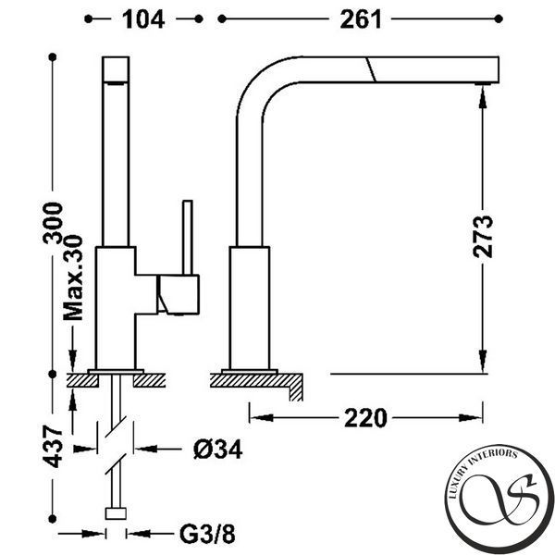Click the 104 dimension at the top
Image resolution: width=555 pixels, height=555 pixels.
click(x=143, y=19)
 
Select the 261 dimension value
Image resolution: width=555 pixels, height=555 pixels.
click(x=361, y=19)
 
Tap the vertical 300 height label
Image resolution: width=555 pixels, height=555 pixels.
click(x=53, y=223)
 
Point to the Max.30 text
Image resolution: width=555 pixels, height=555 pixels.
click(x=73, y=277)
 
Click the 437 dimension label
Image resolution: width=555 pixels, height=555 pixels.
click(x=53, y=447)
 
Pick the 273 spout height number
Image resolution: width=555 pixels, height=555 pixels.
click(x=483, y=237)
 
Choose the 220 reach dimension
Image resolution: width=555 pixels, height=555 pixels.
click(x=365, y=418)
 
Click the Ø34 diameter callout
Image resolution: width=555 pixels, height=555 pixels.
click(x=218, y=450)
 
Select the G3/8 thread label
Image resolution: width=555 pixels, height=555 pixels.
click(x=207, y=534)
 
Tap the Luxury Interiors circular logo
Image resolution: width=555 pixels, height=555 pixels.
click(x=499, y=499)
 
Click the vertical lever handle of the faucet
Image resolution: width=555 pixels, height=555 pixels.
click(x=188, y=238)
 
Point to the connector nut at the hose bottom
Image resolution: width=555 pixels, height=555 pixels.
click(x=116, y=513)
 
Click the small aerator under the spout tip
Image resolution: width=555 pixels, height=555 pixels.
click(x=483, y=84)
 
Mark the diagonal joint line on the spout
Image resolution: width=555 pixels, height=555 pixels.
click(x=371, y=69)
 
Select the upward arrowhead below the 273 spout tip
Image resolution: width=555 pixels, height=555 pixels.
click(x=483, y=97)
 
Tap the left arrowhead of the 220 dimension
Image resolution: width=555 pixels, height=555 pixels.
click(x=261, y=418)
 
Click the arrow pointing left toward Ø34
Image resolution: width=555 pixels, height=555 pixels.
click(x=146, y=450)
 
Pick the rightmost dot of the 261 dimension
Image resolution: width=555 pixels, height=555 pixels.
click(x=499, y=18)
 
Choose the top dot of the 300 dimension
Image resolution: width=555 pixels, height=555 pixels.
click(x=53, y=57)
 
